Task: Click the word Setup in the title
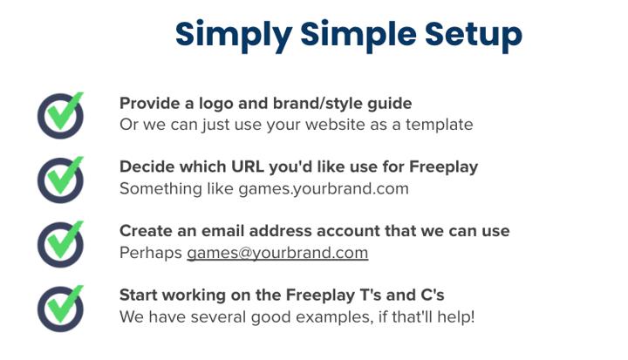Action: point(474,35)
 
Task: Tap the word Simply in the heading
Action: point(234,35)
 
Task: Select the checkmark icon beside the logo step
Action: point(60,116)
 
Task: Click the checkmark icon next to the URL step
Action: point(60,180)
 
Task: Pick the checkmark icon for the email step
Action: point(60,244)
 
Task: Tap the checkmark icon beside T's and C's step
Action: point(60,309)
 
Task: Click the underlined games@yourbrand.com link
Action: point(277,253)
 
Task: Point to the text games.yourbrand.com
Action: point(324,188)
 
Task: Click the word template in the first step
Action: point(439,125)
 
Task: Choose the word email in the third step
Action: point(222,231)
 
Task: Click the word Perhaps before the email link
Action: point(151,253)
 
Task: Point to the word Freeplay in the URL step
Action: point(443,167)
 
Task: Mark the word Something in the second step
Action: point(160,189)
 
